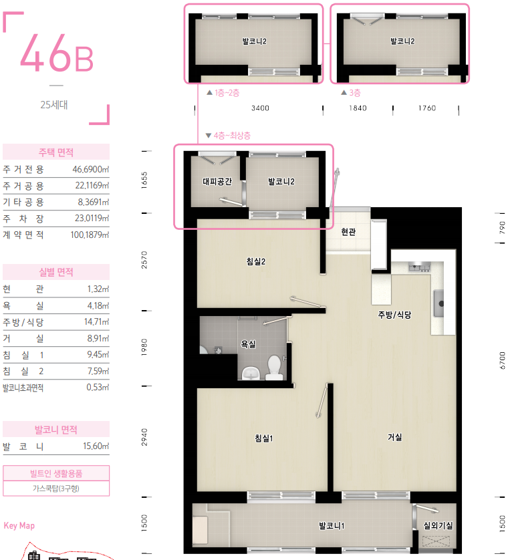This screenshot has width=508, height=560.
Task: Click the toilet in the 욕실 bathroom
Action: (274, 367)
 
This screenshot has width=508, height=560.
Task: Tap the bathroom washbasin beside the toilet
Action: (251, 373)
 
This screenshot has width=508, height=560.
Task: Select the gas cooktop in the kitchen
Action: (419, 267)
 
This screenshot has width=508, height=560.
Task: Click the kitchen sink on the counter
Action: (438, 303)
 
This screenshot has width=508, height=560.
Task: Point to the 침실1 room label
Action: (263, 438)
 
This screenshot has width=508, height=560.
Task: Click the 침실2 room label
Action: (256, 261)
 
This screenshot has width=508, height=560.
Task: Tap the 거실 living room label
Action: (395, 437)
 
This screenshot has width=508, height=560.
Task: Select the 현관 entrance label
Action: (348, 232)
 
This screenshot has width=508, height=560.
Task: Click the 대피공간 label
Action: (217, 181)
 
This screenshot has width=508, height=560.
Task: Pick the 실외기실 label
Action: (438, 525)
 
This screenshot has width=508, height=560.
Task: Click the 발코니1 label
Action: (332, 525)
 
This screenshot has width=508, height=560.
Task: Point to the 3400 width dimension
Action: (260, 108)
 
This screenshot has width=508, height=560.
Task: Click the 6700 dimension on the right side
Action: (502, 360)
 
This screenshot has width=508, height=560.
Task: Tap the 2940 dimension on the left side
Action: (144, 437)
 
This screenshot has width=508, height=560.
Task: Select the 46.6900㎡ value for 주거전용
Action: (91, 169)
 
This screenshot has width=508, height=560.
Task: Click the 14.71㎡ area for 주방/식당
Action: (96, 321)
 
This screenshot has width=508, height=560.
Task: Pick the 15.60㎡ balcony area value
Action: (96, 446)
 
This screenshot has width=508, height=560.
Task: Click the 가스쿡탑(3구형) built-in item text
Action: (56, 488)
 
